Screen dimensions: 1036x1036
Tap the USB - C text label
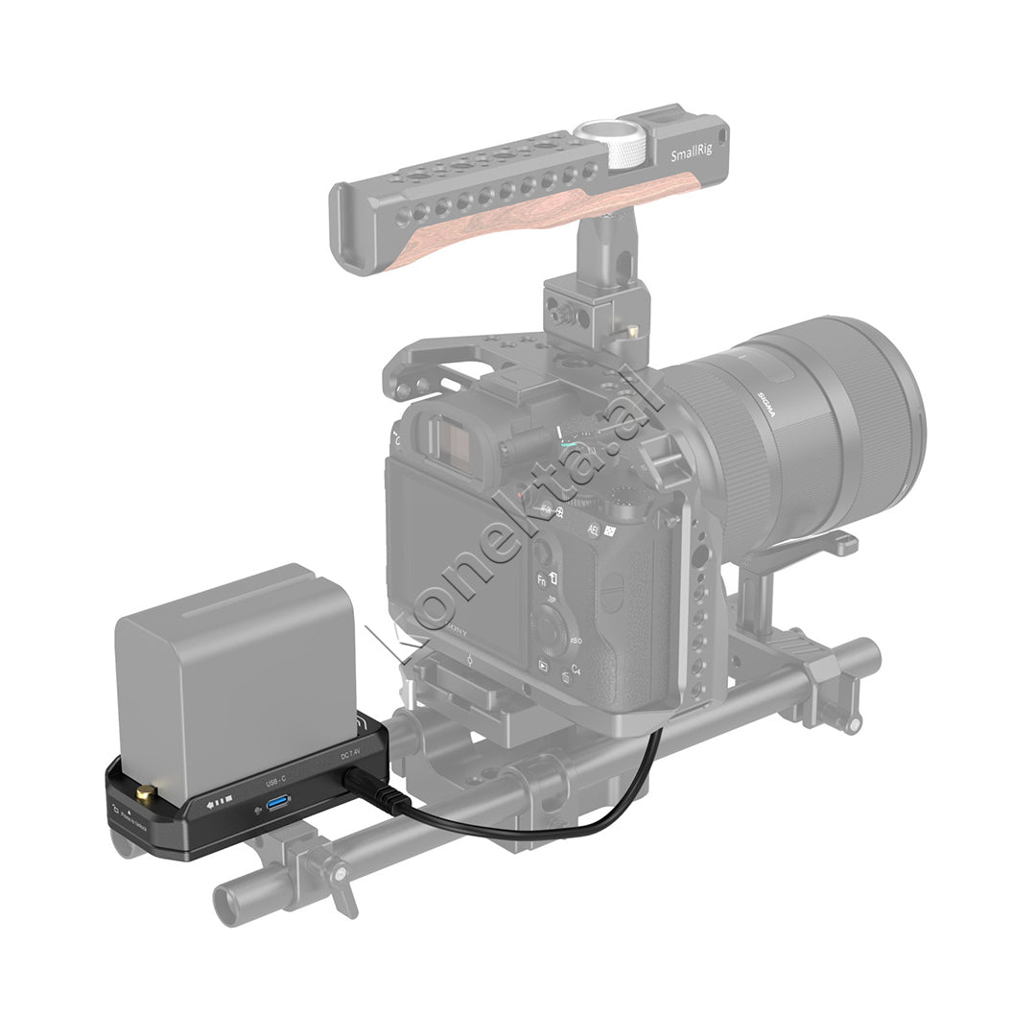275,781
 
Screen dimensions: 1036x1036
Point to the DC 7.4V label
350,755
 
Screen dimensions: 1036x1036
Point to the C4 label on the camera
576,669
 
